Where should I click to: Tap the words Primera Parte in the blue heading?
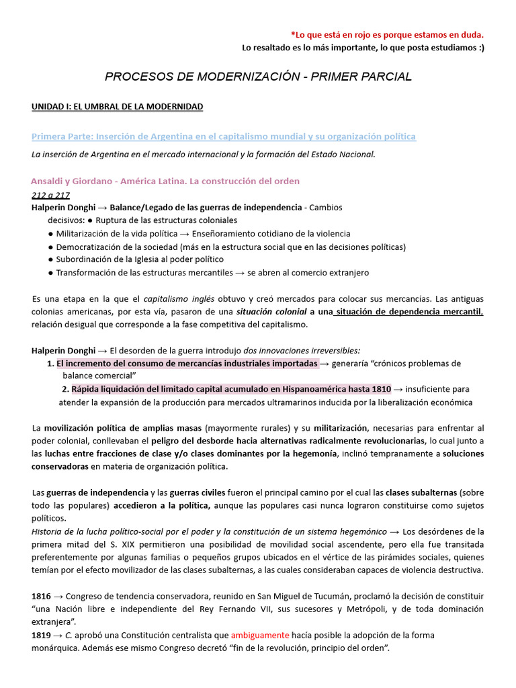point(62,136)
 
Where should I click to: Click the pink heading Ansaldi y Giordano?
point(75,181)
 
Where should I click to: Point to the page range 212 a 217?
point(50,195)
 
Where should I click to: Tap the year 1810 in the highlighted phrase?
point(381,389)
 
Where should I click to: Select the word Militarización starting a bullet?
point(85,234)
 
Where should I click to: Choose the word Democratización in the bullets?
point(90,247)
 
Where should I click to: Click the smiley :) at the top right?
point(478,47)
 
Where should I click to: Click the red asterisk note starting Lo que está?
point(386,34)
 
